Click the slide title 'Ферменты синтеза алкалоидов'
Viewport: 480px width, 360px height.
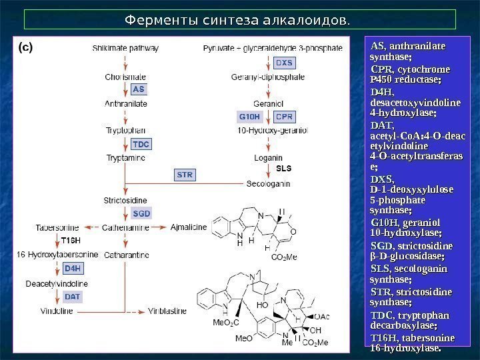tap(238, 21)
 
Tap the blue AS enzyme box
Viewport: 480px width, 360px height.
tap(138, 89)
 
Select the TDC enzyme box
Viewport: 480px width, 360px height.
tap(141, 144)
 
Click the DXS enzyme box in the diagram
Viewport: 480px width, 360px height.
tap(284, 63)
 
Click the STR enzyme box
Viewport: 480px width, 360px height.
tap(185, 175)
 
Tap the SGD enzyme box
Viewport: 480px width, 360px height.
tap(141, 214)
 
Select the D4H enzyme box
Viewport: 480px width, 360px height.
tap(73, 269)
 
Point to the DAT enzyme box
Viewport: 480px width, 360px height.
tap(73, 296)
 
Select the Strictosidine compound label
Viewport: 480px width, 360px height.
tap(125, 199)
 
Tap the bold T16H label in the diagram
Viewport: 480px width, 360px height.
tap(70, 240)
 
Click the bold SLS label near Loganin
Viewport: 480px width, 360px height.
tap(284, 168)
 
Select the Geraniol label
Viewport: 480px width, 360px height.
tap(269, 103)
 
